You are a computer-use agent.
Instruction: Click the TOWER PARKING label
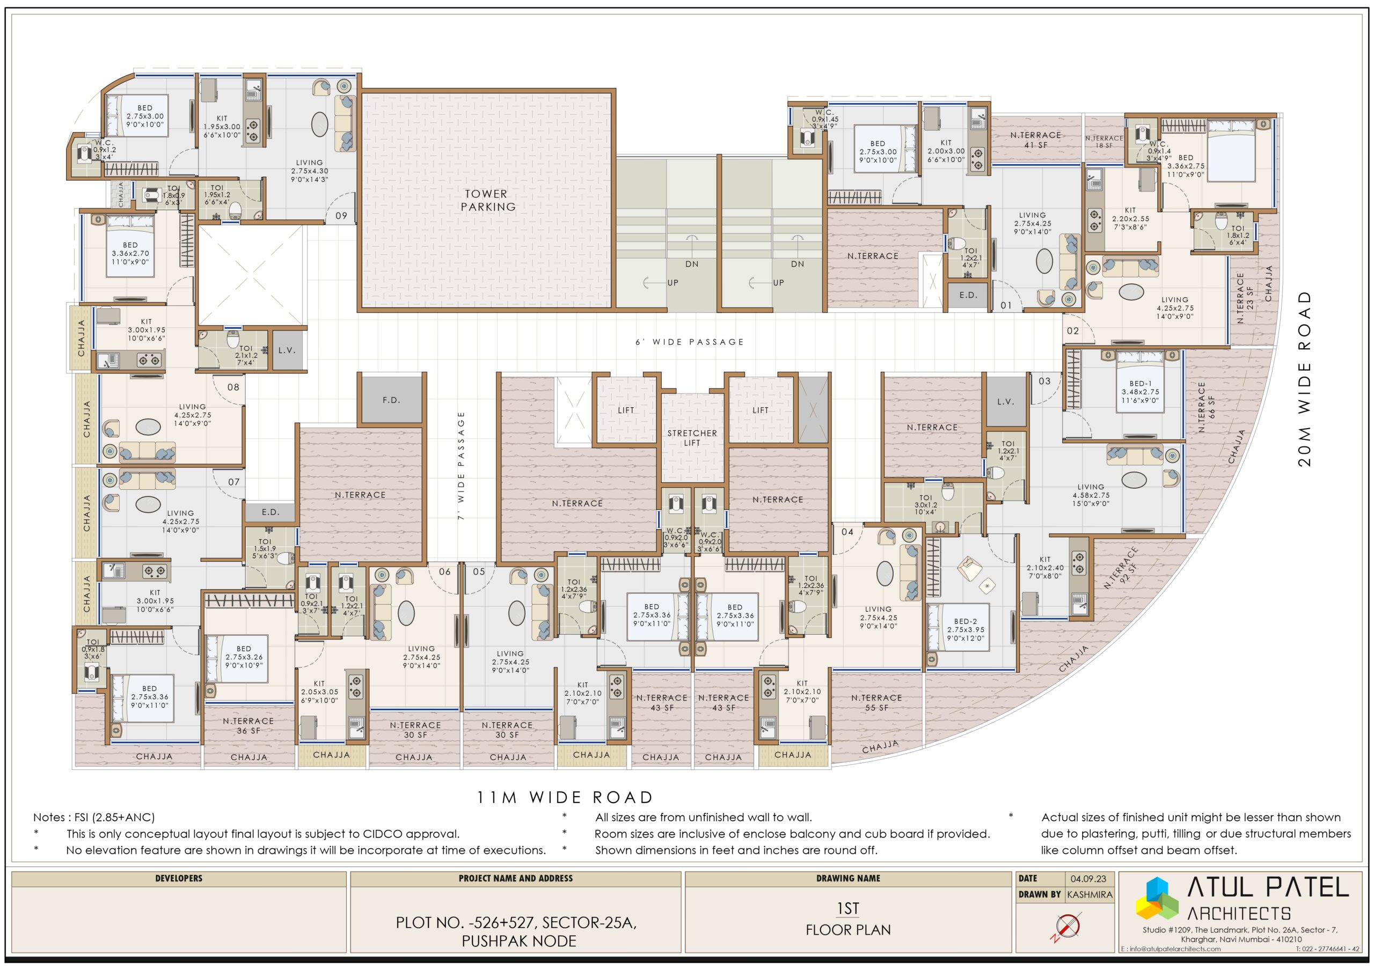click(x=488, y=200)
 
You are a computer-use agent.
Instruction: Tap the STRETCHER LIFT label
click(x=692, y=438)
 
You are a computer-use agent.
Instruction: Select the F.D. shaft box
click(x=391, y=400)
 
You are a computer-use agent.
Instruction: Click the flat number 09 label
click(x=341, y=216)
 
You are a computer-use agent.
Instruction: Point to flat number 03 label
click(x=1044, y=381)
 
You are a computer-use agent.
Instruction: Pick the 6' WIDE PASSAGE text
click(x=689, y=342)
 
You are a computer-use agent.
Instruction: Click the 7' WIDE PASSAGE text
click(x=461, y=465)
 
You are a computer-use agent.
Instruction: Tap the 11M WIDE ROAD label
click(x=564, y=797)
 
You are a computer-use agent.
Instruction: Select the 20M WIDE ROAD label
click(x=1305, y=379)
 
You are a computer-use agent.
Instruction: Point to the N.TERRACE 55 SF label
click(x=876, y=703)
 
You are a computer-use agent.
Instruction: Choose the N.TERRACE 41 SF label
click(x=1035, y=140)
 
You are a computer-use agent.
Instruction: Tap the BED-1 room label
click(x=1140, y=384)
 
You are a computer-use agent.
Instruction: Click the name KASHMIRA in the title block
click(x=1089, y=895)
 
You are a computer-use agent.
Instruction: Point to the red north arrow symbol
click(x=1066, y=928)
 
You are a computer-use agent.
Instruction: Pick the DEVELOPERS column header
click(x=178, y=878)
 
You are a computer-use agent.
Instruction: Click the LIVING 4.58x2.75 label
click(x=1090, y=495)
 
